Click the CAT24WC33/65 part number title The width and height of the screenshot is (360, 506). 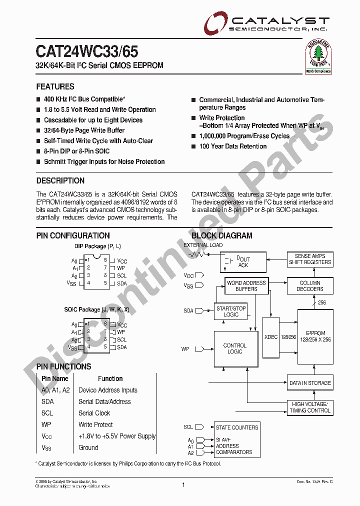[87, 52]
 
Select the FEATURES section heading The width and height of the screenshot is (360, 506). [55, 86]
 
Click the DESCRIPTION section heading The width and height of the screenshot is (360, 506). [60, 180]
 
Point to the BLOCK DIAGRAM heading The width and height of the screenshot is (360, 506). [222, 235]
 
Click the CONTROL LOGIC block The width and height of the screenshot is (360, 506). [234, 348]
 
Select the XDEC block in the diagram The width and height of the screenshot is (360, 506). [270, 337]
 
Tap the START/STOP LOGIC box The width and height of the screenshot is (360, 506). [231, 311]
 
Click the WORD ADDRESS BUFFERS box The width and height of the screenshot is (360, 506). [246, 286]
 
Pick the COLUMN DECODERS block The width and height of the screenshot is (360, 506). [310, 286]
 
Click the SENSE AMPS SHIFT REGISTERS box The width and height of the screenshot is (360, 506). [310, 259]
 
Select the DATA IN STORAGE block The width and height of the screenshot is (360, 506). [310, 383]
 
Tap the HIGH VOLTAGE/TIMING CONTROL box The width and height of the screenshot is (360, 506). [310, 407]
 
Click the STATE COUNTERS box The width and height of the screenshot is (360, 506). [237, 427]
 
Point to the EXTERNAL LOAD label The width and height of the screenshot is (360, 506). [203, 245]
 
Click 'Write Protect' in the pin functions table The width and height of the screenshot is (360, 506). [95, 424]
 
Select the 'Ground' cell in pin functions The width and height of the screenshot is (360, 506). [88, 447]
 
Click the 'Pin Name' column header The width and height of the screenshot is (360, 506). [55, 378]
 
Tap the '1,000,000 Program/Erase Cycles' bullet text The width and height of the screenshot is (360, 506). [244, 136]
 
